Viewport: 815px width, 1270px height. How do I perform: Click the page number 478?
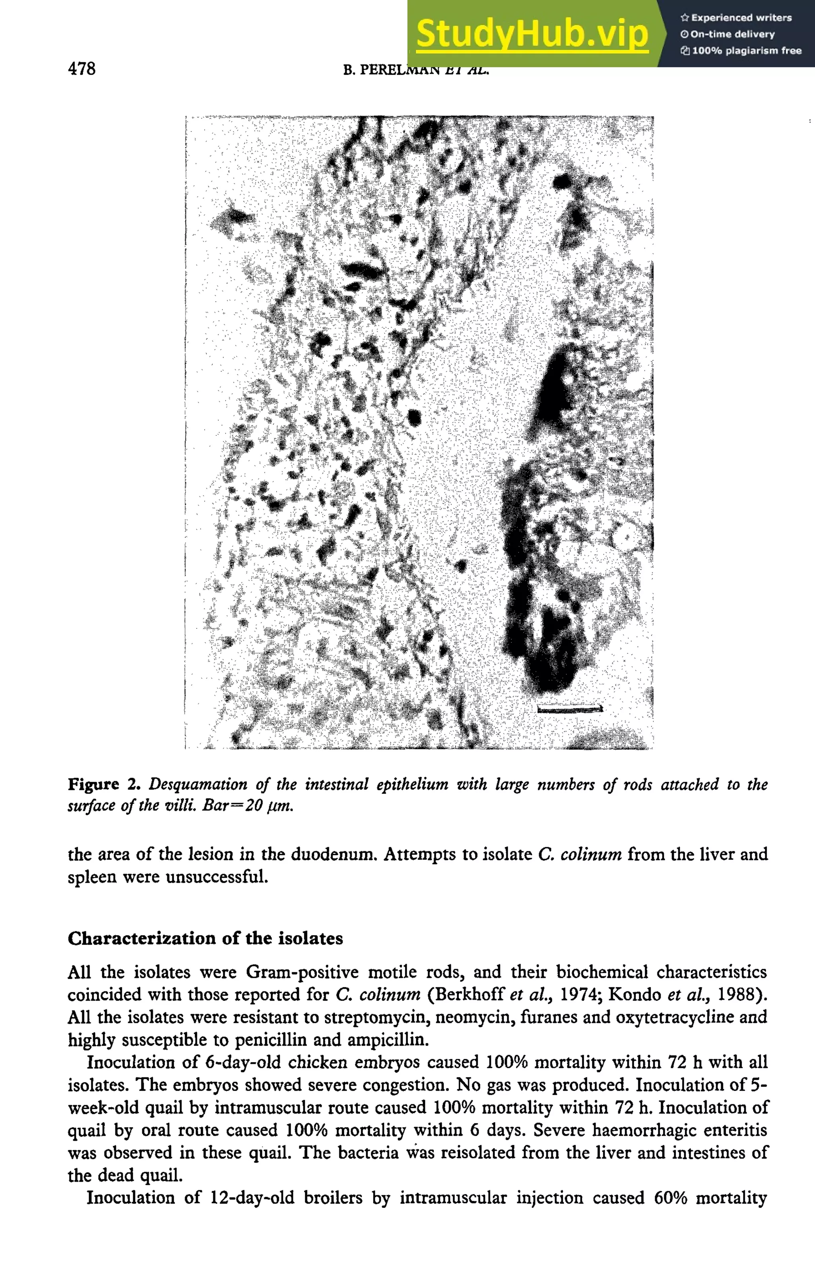82,68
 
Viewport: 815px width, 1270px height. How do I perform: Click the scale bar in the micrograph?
569,708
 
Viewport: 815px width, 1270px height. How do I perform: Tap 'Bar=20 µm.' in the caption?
248,806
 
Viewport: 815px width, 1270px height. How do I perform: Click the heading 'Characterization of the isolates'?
205,938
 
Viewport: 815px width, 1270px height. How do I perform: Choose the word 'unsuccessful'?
216,877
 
